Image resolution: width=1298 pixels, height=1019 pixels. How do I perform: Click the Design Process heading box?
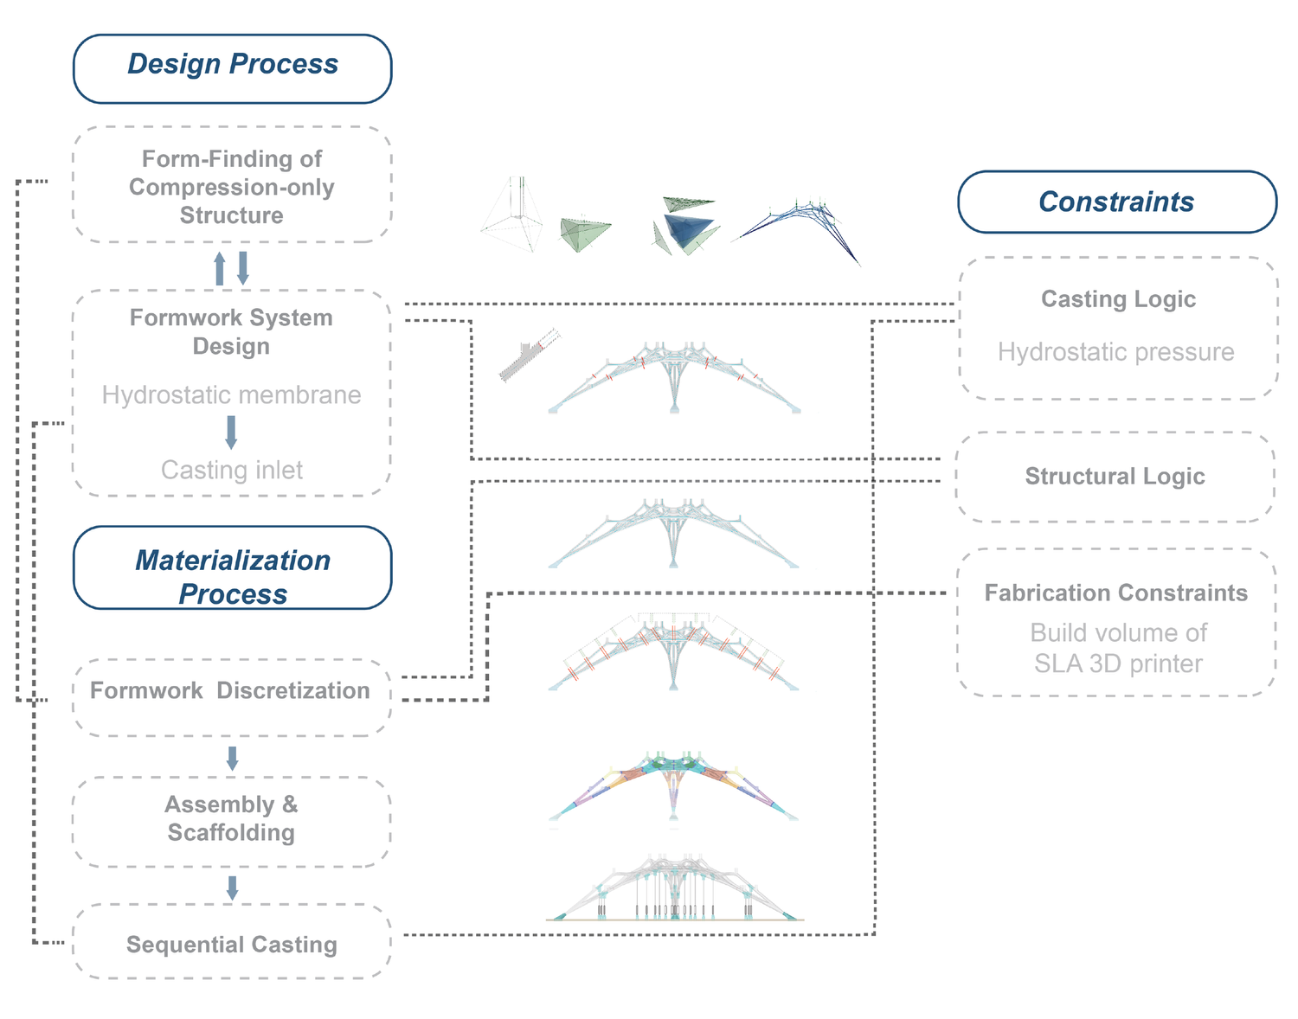point(232,68)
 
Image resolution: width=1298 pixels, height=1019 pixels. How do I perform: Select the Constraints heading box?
point(1116,202)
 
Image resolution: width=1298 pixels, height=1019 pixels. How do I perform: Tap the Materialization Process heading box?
point(232,568)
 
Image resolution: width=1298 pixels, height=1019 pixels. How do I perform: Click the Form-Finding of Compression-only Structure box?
point(232,185)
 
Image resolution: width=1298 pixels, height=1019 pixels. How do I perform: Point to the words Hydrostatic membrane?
point(232,395)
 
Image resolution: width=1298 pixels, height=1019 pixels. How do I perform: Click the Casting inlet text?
point(232,471)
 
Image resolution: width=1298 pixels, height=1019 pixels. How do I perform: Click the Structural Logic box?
point(1115,477)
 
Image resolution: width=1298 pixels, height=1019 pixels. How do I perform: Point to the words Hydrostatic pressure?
point(1115,352)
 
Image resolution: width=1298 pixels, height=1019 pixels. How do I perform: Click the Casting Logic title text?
point(1118,299)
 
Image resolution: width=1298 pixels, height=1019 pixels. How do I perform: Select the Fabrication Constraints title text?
point(1115,593)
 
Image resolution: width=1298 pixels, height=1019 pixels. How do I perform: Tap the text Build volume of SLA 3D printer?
point(1118,649)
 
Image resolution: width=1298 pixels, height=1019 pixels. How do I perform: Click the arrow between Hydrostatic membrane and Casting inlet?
point(231,432)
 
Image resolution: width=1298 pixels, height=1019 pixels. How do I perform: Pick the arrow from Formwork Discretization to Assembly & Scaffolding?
point(232,759)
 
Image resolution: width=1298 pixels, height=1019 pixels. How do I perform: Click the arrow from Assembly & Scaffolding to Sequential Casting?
point(232,888)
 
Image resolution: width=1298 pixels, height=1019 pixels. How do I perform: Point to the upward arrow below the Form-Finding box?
point(220,268)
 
